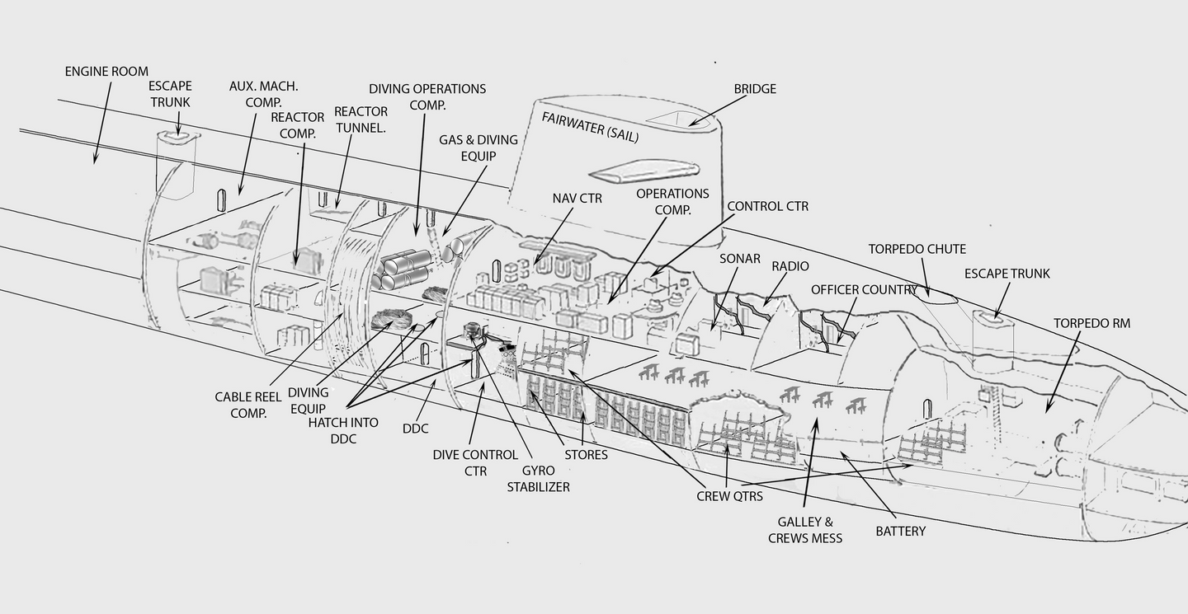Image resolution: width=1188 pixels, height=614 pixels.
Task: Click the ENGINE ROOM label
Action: pos(106,72)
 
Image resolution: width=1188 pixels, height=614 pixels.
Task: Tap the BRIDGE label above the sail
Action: pos(754,89)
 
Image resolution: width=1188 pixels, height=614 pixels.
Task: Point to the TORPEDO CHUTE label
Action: pos(917,249)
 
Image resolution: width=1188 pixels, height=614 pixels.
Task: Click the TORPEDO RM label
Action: pos(1091,323)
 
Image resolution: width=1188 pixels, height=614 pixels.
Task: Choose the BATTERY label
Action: pos(900,532)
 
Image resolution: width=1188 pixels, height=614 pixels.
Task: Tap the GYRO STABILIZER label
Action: pos(538,478)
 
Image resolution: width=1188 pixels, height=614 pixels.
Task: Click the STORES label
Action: pos(586,454)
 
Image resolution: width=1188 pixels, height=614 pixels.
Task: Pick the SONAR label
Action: pos(739,259)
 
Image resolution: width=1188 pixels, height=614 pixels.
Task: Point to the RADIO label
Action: pos(790,266)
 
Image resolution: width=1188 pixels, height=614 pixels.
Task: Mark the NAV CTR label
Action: pos(577,198)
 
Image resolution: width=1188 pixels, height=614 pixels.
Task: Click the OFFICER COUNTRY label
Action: pos(864,289)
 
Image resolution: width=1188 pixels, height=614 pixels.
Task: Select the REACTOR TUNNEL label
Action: pos(361,120)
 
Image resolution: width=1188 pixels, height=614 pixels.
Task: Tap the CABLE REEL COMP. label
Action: pos(247,405)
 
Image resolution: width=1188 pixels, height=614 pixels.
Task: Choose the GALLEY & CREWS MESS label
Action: pos(805,530)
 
